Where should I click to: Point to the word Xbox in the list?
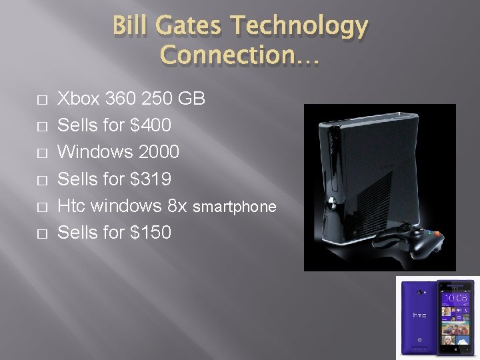(x=79, y=99)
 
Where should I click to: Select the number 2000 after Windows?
(x=159, y=152)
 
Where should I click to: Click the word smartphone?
(x=234, y=207)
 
